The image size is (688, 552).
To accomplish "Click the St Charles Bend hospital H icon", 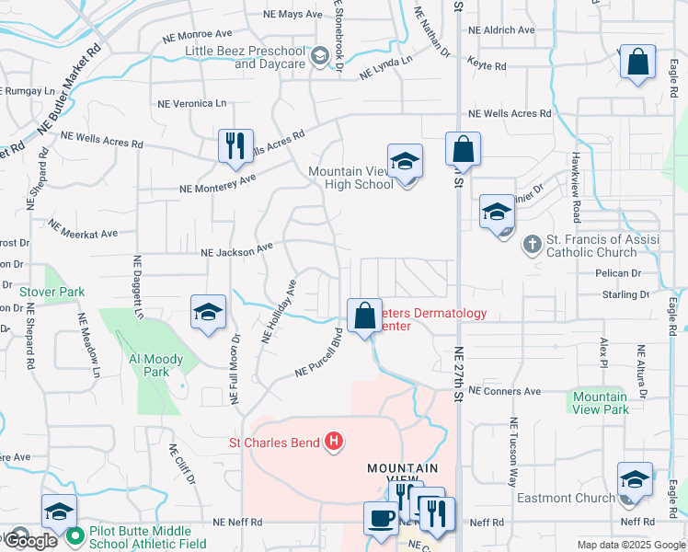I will pyautogui.click(x=335, y=443).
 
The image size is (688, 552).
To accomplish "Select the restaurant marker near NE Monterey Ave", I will pyautogui.click(x=235, y=146).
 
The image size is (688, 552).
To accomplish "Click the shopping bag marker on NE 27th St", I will pyautogui.click(x=464, y=149).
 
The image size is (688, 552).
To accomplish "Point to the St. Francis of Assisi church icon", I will pyautogui.click(x=532, y=245).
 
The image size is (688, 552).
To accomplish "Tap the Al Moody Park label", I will pyautogui.click(x=156, y=365).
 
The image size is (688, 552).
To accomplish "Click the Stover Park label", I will pyautogui.click(x=52, y=292).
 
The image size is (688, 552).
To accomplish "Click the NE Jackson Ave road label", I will pyautogui.click(x=236, y=249).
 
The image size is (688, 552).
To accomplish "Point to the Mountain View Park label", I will pyautogui.click(x=601, y=403).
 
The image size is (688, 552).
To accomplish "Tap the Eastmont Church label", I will pyautogui.click(x=578, y=499).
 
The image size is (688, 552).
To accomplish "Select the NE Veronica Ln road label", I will pyautogui.click(x=193, y=104).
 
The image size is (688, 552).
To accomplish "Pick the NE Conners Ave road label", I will pyautogui.click(x=504, y=391).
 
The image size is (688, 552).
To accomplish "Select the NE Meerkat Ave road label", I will pyautogui.click(x=84, y=230).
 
